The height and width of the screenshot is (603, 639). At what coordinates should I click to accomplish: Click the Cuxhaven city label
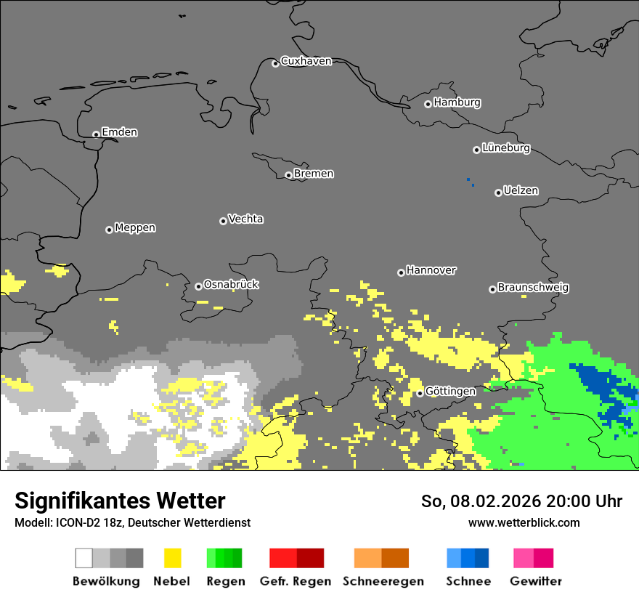coord(306,61)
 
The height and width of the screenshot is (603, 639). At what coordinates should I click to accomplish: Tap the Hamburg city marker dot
coord(428,104)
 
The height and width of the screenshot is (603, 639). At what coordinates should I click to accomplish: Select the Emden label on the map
coord(119,132)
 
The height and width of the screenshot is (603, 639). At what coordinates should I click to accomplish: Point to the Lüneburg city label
coord(505,148)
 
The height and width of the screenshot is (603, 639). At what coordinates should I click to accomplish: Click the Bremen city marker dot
coord(288,175)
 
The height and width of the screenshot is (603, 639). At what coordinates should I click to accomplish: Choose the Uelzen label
coord(521,191)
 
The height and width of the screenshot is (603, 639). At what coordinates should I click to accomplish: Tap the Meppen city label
coord(135,228)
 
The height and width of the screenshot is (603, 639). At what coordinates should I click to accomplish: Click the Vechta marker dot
coord(223,221)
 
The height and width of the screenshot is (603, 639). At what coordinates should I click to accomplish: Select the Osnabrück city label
coord(231,285)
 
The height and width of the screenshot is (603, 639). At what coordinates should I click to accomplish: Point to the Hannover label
coord(431,270)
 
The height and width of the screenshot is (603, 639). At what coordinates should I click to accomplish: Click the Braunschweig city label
coord(533,288)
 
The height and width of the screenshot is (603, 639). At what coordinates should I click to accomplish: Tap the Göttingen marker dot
coord(420,393)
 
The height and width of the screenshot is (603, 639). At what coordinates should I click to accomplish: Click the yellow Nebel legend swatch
coord(172,558)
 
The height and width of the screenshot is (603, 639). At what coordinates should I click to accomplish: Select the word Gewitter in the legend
coord(535,581)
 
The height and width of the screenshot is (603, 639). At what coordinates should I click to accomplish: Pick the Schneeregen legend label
coord(383,581)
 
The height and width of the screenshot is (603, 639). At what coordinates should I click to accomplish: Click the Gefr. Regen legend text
coord(296,581)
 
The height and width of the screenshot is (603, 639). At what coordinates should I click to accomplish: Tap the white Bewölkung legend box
coord(84,558)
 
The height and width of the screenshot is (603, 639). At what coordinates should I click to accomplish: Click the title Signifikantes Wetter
coord(120,501)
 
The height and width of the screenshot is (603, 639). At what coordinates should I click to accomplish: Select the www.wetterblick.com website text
coord(524,523)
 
